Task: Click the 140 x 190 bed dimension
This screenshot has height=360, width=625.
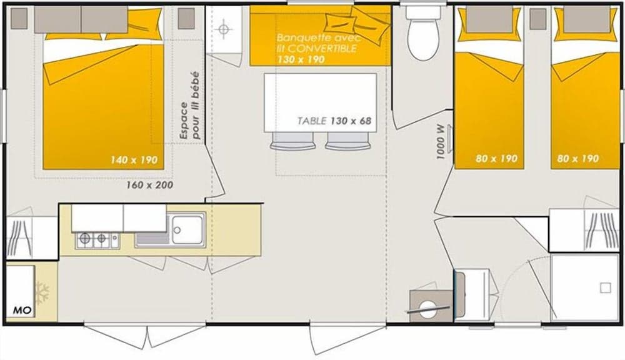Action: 134,160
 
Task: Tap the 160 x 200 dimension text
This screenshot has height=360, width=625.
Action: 150,184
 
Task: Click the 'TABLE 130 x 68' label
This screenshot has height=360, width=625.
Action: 335,121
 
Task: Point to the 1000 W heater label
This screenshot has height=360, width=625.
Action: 441,141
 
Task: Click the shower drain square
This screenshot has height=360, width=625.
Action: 604,288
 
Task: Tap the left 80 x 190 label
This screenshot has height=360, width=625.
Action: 496,159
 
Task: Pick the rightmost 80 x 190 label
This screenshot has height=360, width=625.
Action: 577,159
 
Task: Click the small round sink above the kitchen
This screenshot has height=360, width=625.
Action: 224,29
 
